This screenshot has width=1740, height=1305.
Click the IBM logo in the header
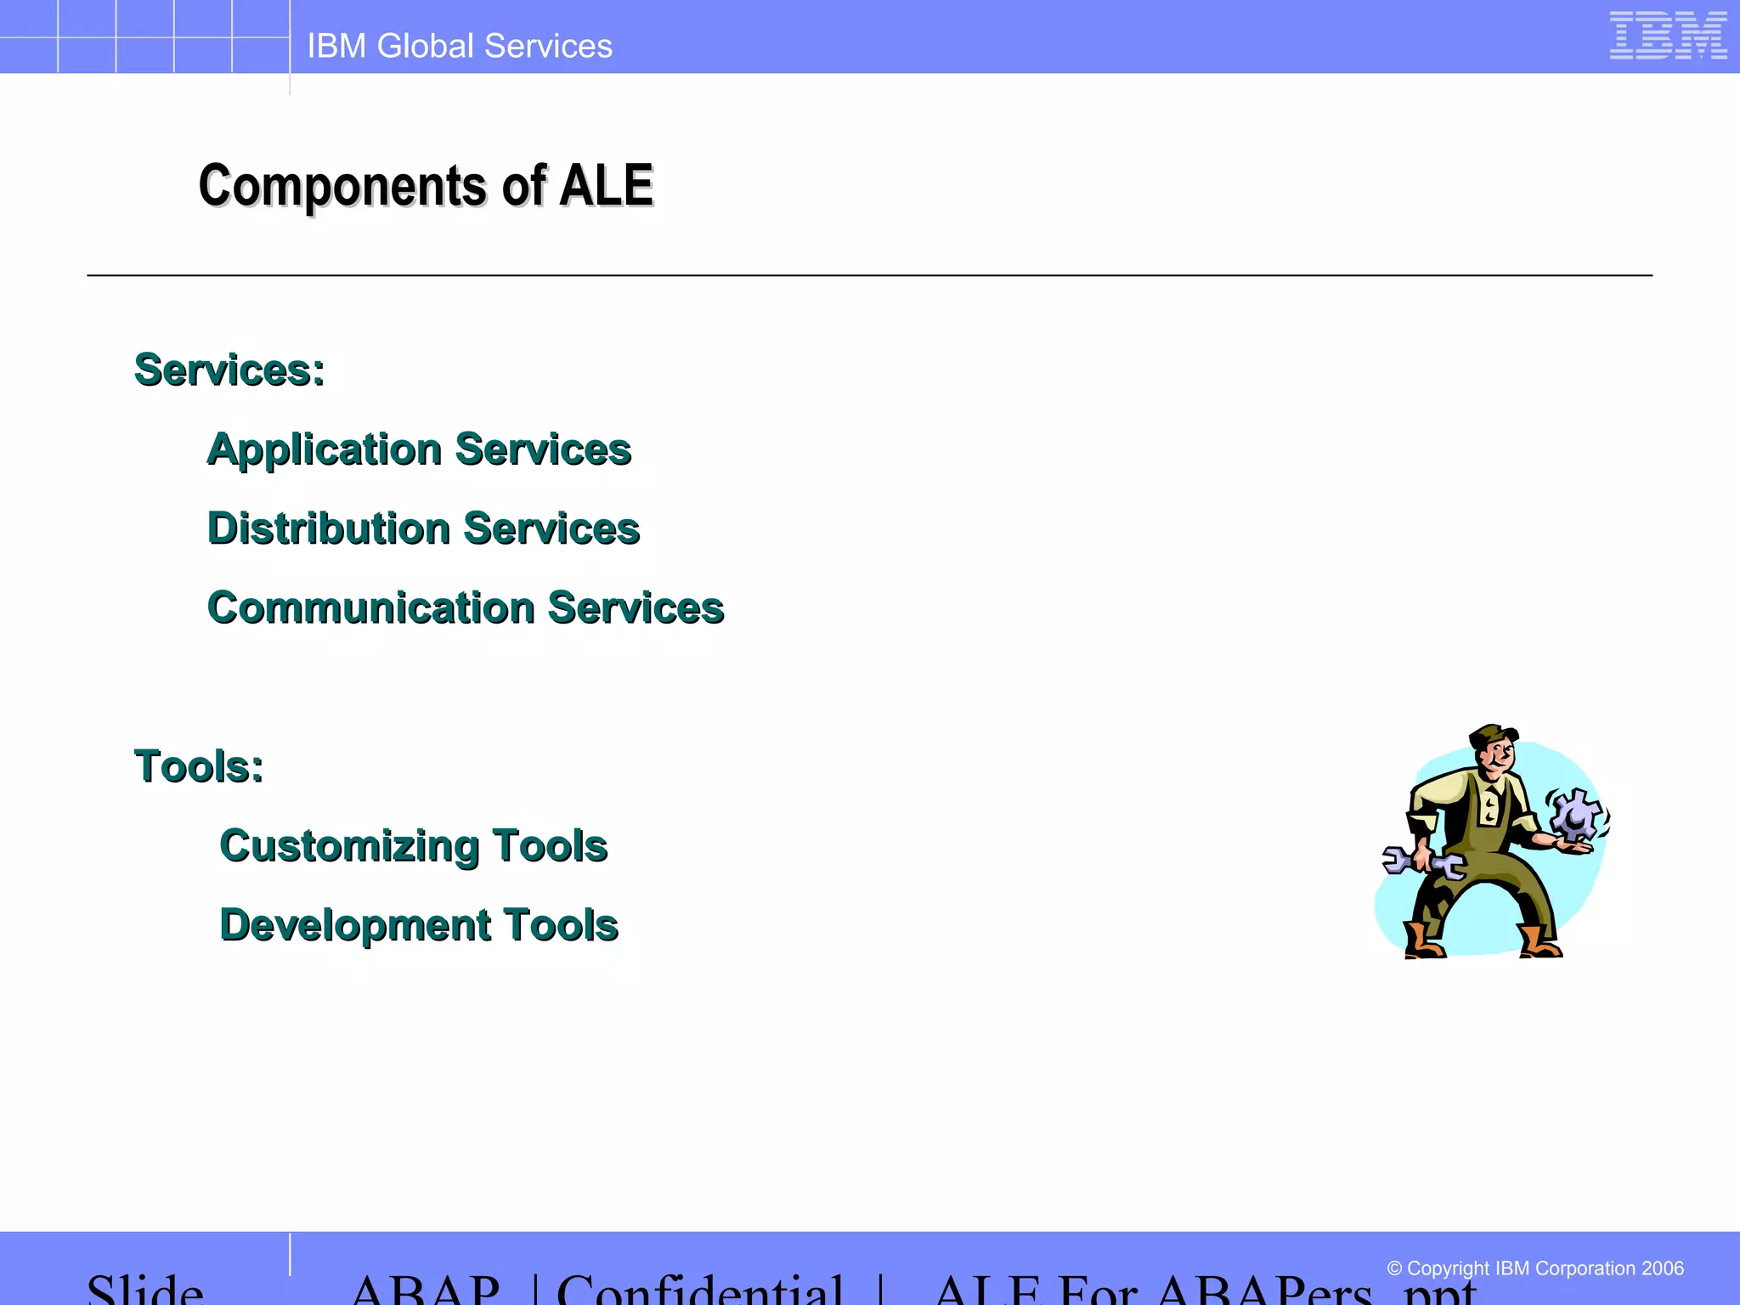1668,36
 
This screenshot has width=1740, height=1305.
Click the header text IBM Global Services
460,46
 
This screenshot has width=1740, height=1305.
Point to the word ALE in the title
607,185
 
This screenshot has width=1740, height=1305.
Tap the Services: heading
229,370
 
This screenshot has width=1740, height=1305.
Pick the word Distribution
329,528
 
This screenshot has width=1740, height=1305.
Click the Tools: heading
199,766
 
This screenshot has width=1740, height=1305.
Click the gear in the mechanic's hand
1577,813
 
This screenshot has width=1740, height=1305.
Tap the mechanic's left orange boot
1423,941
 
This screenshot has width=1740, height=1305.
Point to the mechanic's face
1500,756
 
